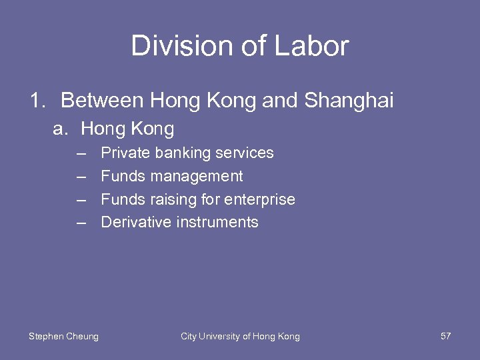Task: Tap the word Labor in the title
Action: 317,46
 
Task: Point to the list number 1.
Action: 37,101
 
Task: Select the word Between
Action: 102,101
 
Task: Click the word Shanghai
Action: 349,101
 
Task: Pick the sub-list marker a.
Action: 61,129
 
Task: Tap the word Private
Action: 125,153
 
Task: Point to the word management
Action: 197,177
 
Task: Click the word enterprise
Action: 261,199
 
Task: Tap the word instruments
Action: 217,223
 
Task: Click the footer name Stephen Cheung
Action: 63,337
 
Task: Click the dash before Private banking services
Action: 81,153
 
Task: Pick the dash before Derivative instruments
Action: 81,223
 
